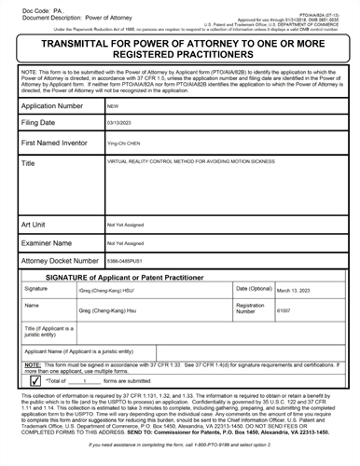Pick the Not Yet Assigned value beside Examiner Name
(x=122, y=242)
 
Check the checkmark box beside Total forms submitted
(x=35, y=380)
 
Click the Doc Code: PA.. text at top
(x=27, y=7)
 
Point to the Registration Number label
(x=252, y=308)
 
